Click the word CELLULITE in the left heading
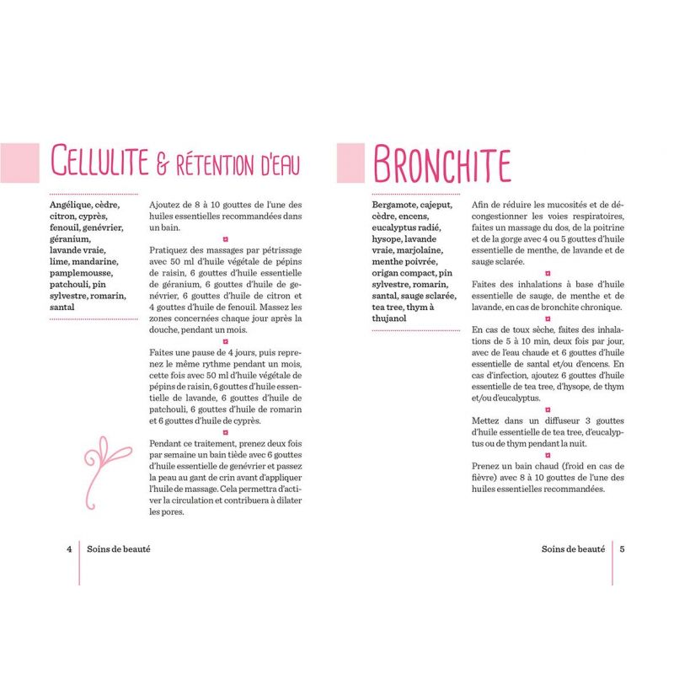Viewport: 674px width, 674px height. point(99,163)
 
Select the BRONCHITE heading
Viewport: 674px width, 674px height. point(441,163)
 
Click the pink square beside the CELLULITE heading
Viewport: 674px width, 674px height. point(20,163)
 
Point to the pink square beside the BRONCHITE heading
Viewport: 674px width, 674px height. point(350,163)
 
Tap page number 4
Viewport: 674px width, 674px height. point(68,548)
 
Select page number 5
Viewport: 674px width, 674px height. point(621,548)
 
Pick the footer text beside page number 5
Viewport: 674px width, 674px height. point(573,548)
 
